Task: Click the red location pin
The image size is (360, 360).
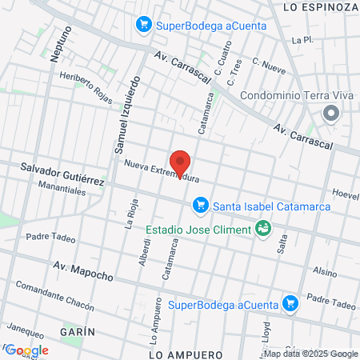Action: (182, 162)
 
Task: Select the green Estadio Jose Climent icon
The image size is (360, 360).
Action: (262, 230)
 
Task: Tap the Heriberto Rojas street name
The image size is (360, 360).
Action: (86, 86)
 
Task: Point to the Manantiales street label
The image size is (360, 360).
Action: (62, 192)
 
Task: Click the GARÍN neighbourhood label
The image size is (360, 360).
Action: (78, 331)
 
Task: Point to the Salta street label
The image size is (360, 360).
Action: (282, 242)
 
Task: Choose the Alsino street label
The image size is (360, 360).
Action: (325, 271)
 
